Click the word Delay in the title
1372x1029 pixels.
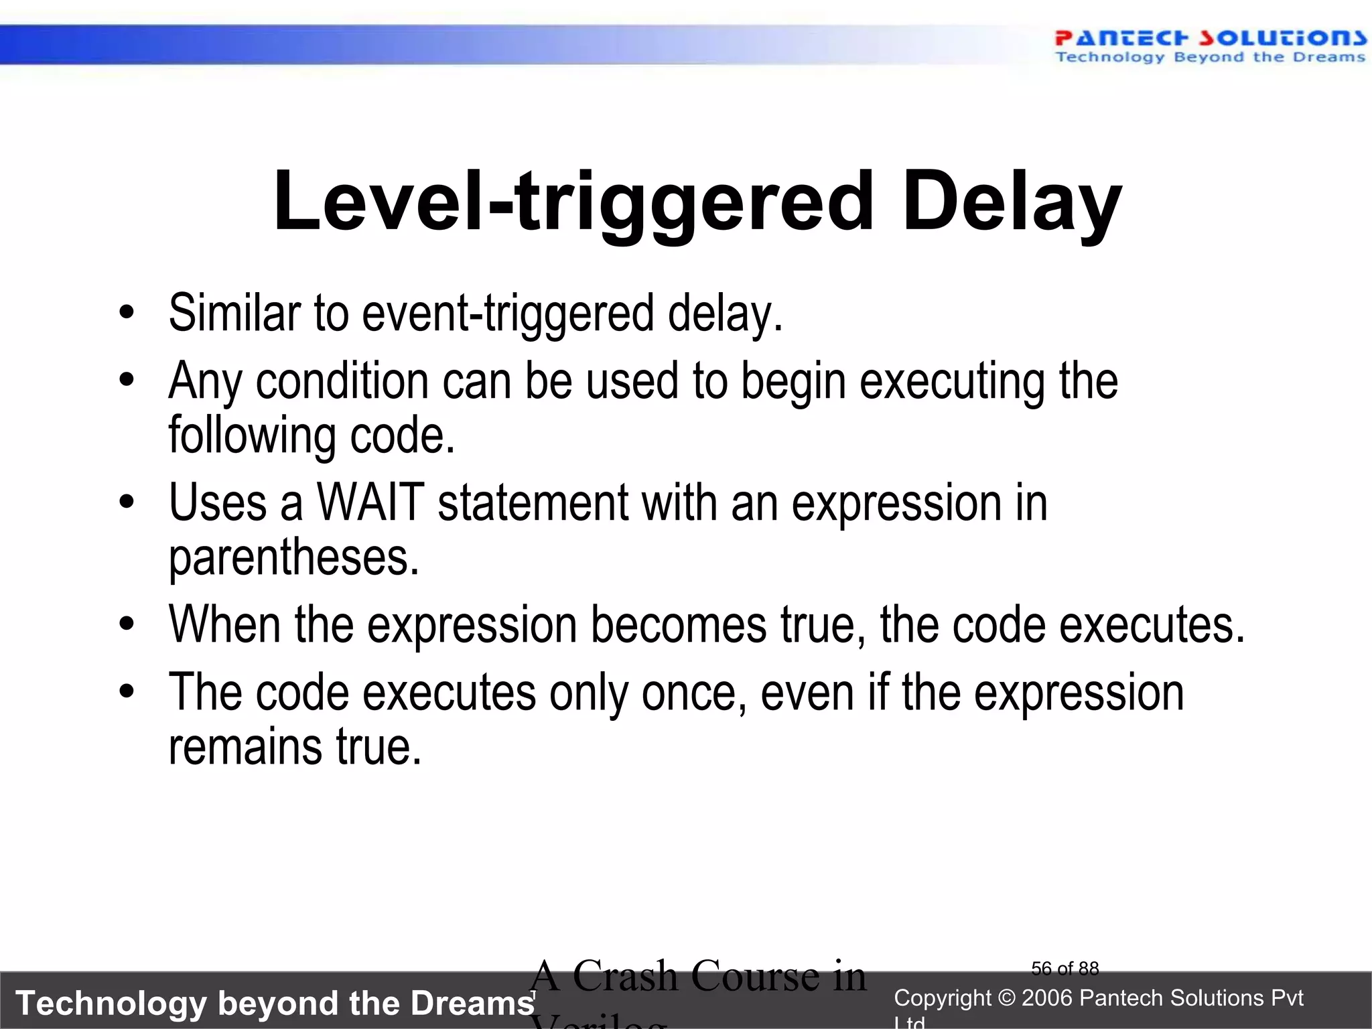tap(1011, 202)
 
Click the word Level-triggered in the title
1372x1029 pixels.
tap(573, 202)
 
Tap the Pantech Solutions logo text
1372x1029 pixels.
tap(1210, 38)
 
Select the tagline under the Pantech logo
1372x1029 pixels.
tap(1210, 58)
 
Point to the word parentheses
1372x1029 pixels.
tap(293, 557)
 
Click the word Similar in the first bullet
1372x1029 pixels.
tap(234, 314)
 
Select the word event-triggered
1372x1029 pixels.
tap(508, 314)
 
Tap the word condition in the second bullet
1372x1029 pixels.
tap(342, 382)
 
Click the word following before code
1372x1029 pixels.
tap(252, 435)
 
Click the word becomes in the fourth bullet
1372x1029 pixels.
tap(678, 624)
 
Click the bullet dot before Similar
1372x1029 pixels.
tap(127, 314)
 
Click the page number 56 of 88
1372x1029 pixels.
tap(1065, 969)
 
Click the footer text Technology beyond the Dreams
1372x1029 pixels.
tap(275, 1003)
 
